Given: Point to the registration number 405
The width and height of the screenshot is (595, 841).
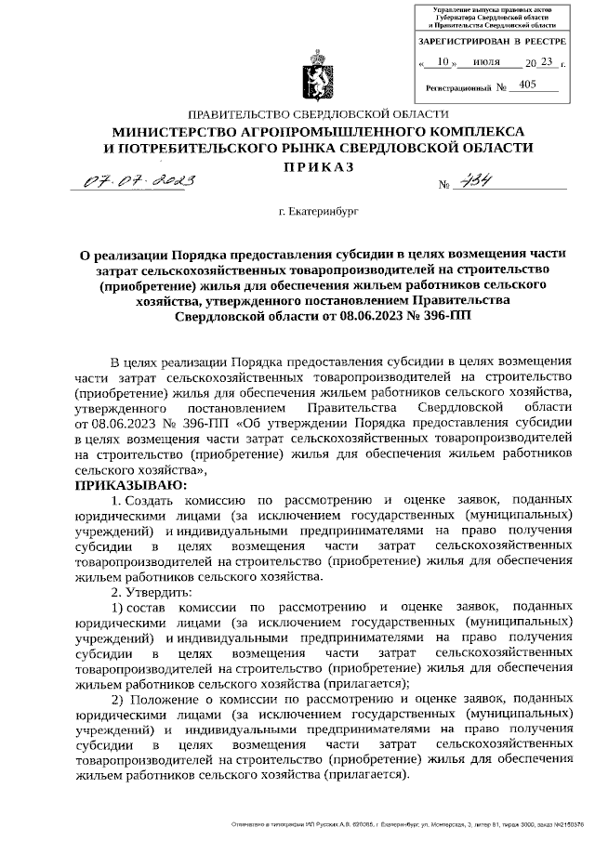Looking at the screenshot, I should click(x=528, y=85).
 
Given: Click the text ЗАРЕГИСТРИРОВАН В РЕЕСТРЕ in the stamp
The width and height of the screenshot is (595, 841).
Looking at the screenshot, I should click(x=492, y=42).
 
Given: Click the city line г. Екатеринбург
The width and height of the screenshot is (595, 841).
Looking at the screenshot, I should click(x=317, y=212).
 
